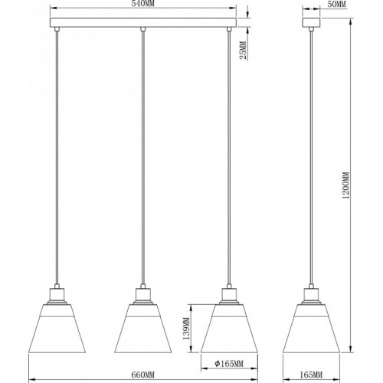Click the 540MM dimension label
[143, 4]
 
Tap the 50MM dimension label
[336, 5]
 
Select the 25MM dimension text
[244, 50]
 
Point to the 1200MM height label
[346, 185]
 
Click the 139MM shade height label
[186, 329]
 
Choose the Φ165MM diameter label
[229, 363]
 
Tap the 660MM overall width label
[143, 375]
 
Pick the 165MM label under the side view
[311, 375]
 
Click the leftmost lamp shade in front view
[57, 329]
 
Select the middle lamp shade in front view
[143, 329]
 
